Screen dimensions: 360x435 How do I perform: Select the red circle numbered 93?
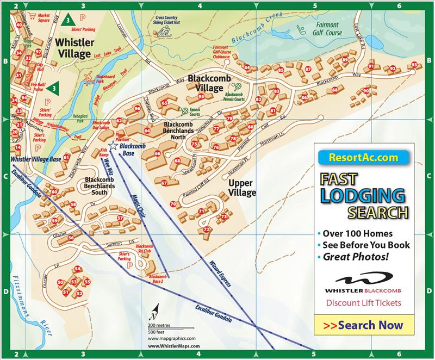pyautogui.click(x=414, y=65)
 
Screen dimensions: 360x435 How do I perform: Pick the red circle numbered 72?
pyautogui.click(x=206, y=230)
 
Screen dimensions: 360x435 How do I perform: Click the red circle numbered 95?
pyautogui.click(x=201, y=97)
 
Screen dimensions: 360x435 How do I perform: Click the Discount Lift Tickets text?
pyautogui.click(x=363, y=303)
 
